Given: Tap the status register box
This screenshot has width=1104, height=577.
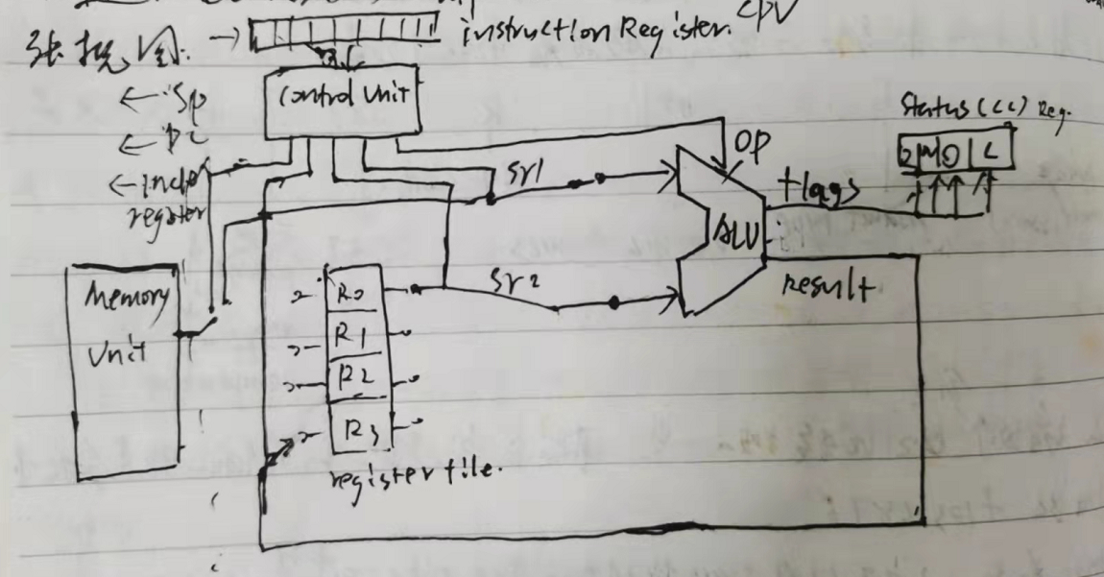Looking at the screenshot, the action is (953, 152).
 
